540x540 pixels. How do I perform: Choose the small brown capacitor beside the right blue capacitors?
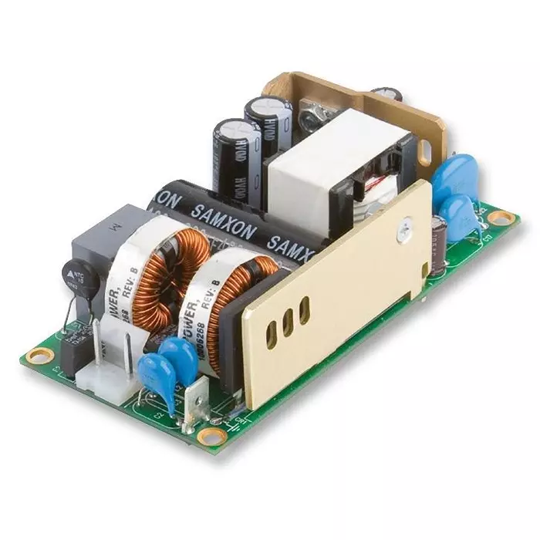(x=440, y=231)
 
